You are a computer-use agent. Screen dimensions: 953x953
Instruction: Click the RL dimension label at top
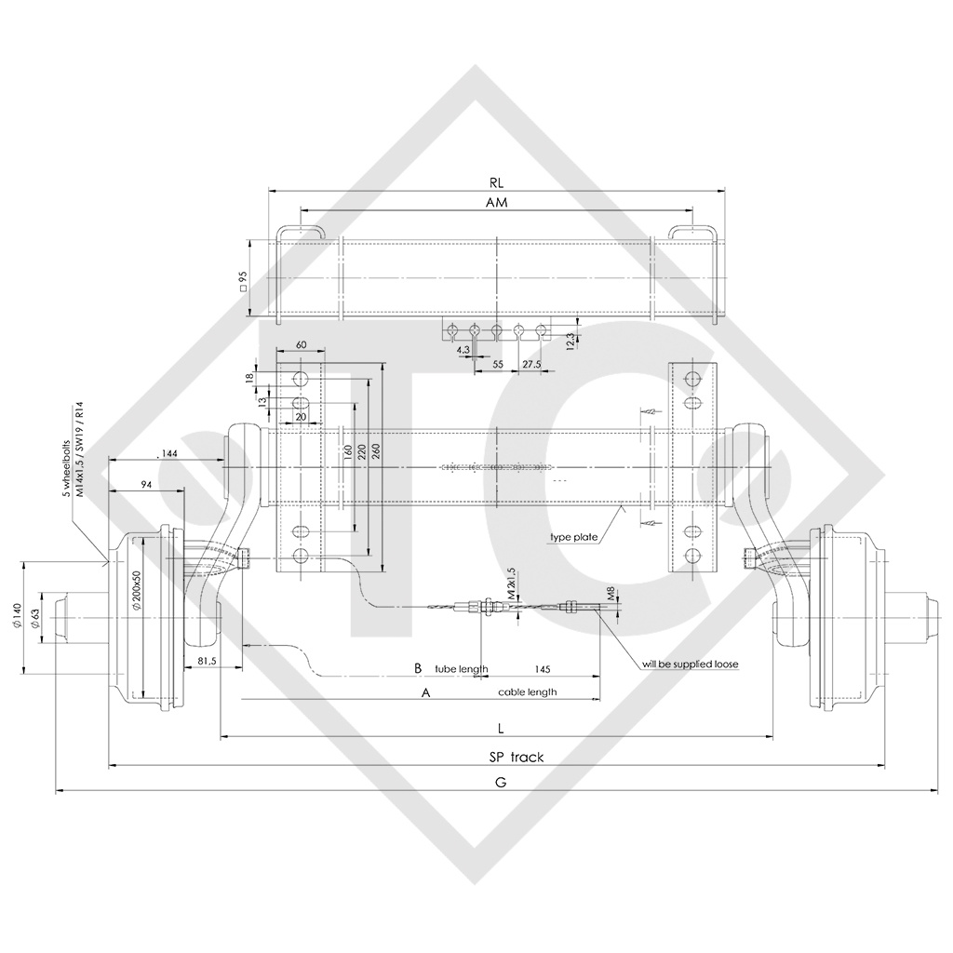click(x=495, y=183)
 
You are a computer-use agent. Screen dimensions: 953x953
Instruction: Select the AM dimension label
click(x=496, y=202)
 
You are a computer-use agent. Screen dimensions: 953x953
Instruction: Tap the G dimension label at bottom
click(x=501, y=783)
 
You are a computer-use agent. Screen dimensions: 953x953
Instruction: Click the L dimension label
click(x=501, y=728)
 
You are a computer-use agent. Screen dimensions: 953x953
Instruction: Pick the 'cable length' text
click(x=528, y=691)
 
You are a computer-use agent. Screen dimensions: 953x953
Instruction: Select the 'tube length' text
click(x=462, y=668)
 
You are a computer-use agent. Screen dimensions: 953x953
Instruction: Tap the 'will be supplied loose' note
click(x=690, y=664)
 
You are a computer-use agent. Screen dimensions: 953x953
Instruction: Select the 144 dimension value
click(x=169, y=452)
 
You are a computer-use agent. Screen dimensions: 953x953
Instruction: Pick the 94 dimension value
click(x=146, y=484)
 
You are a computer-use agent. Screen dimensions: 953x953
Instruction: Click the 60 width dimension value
click(x=301, y=344)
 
